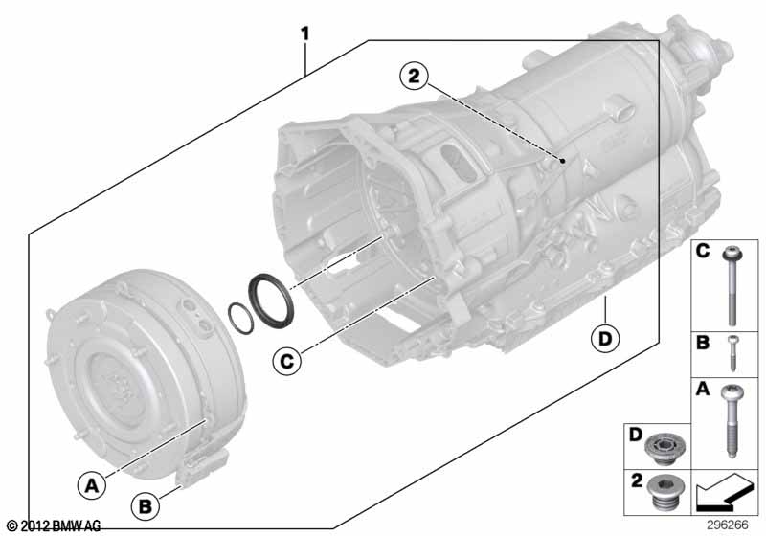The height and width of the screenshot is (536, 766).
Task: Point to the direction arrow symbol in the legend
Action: click(723, 495)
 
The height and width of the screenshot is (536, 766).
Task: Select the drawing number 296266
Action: click(729, 525)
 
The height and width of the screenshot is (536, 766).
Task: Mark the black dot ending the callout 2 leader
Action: click(563, 162)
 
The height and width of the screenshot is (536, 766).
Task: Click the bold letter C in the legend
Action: click(702, 254)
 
